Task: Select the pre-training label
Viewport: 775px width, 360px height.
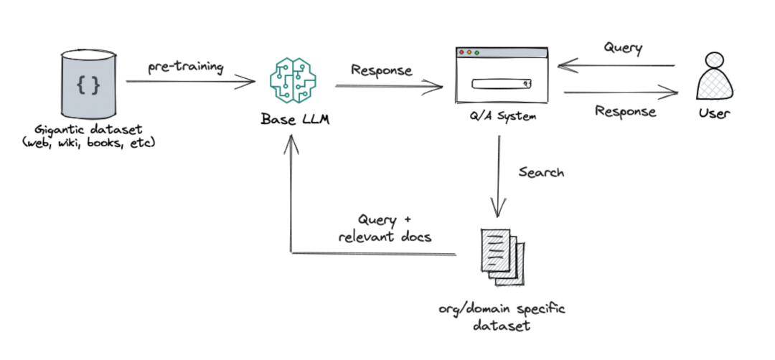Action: (x=186, y=67)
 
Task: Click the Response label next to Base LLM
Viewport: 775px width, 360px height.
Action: (x=382, y=70)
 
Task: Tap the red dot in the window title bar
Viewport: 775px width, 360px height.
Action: (x=462, y=52)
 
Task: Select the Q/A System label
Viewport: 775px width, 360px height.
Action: (x=501, y=117)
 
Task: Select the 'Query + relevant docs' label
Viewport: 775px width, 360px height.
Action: (x=385, y=227)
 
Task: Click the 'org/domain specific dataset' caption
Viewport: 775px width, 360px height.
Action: (x=502, y=317)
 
